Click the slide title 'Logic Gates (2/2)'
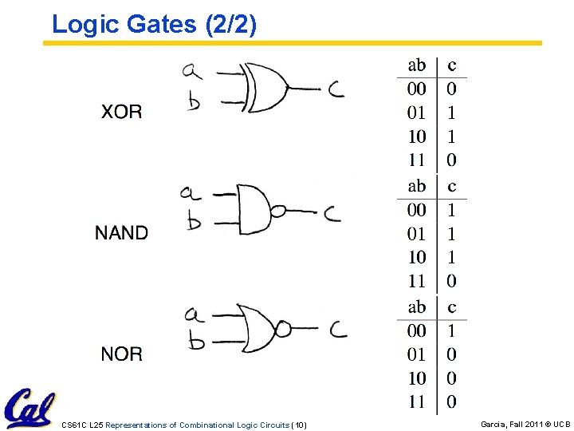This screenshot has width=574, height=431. [x=154, y=24]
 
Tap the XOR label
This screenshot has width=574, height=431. [x=121, y=112]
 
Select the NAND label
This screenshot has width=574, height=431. [x=121, y=232]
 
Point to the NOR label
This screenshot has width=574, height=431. [x=121, y=354]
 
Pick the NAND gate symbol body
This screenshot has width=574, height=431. [x=253, y=209]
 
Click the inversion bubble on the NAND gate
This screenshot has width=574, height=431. [x=278, y=212]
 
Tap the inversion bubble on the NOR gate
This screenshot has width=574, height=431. [x=282, y=329]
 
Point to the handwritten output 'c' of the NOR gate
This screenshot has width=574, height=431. [x=337, y=329]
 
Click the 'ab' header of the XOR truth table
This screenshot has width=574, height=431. [x=416, y=65]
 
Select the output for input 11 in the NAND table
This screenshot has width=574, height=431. [x=452, y=281]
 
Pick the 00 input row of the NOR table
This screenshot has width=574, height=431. [x=416, y=330]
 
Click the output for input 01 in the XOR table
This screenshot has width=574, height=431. [x=452, y=113]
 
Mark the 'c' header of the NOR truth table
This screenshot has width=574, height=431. [x=452, y=307]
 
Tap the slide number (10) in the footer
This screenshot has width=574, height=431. [x=299, y=425]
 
